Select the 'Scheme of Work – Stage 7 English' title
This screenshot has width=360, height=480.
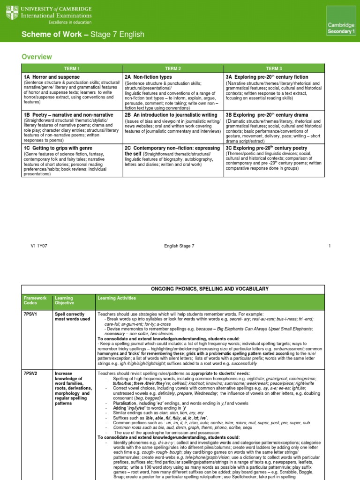(83, 35)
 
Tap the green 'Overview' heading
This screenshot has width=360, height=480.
(37, 57)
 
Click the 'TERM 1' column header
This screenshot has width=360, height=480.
(72, 68)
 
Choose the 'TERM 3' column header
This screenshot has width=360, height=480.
(274, 68)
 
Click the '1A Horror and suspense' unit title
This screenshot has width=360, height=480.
(52, 76)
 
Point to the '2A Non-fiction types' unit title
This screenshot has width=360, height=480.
(148, 76)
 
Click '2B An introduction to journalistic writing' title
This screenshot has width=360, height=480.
(171, 115)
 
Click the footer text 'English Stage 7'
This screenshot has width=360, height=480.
(180, 246)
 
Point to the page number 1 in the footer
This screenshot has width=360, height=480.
(330, 246)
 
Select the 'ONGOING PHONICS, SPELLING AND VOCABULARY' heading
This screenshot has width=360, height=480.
(203, 289)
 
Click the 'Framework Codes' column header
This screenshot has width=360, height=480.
(36, 300)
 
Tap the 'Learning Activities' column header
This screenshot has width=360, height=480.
(116, 298)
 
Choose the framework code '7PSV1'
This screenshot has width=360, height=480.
(31, 314)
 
